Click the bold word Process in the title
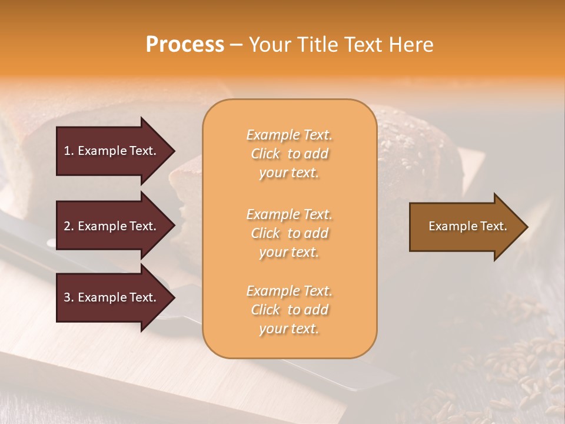[x=185, y=44]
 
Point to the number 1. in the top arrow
[x=69, y=151]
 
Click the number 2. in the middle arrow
[x=69, y=226]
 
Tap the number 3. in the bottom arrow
[x=69, y=297]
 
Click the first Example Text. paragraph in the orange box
[x=289, y=154]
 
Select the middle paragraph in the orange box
[x=289, y=233]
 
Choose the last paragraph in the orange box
[x=289, y=310]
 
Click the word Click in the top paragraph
[x=265, y=154]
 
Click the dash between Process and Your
[x=237, y=45]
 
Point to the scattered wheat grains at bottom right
[x=518, y=365]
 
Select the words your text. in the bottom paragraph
[x=289, y=329]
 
